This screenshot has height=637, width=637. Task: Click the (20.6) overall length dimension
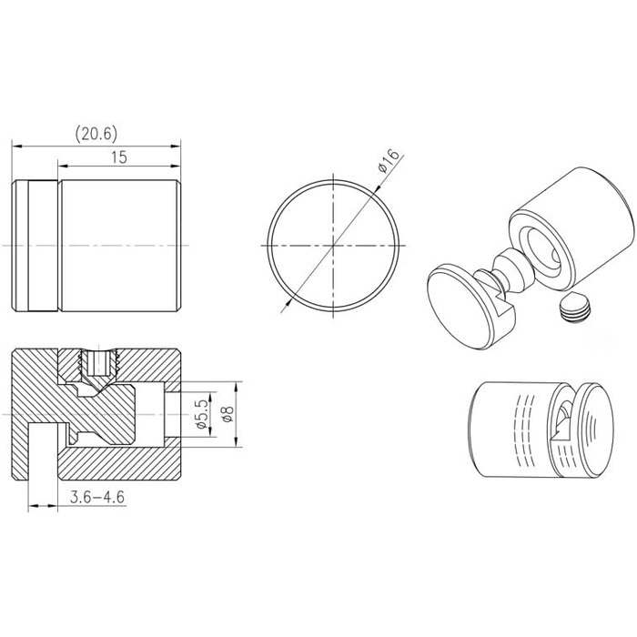[96, 133]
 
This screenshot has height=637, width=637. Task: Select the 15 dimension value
[118, 157]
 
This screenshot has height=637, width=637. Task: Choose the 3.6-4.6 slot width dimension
[96, 497]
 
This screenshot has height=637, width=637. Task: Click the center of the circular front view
[334, 246]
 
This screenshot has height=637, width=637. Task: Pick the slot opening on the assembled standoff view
[565, 421]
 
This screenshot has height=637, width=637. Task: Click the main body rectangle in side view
[118, 247]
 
